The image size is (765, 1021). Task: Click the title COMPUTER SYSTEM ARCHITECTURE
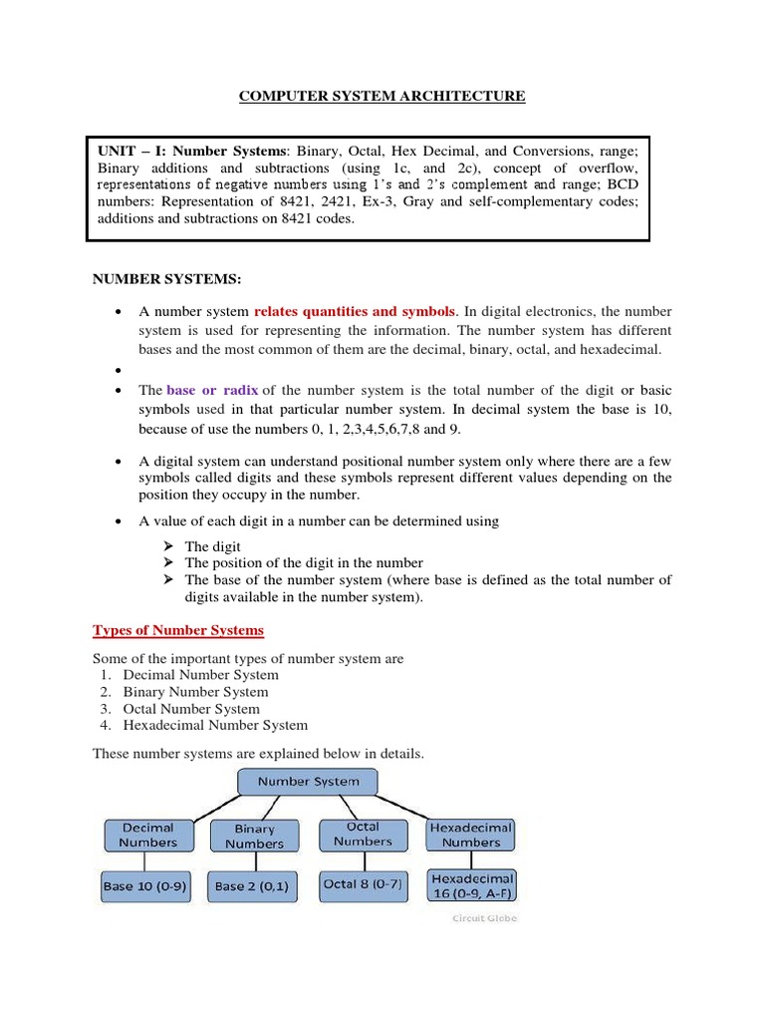(382, 96)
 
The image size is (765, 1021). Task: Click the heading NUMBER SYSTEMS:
(167, 277)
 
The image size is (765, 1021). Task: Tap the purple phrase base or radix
(209, 391)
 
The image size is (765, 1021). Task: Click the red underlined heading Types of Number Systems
(178, 630)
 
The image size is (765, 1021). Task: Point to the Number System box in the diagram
(309, 782)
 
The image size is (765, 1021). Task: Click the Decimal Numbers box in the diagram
(147, 836)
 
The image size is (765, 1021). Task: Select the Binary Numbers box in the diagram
(254, 836)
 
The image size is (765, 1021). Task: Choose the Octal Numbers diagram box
(363, 835)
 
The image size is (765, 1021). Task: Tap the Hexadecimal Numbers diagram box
(471, 835)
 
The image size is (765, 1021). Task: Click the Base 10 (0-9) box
(145, 885)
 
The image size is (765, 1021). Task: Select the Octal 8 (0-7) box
(363, 884)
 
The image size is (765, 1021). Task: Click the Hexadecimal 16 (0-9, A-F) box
(471, 885)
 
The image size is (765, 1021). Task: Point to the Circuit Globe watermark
(484, 918)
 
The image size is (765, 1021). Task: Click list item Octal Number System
(191, 709)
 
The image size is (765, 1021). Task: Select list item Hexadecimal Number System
(215, 726)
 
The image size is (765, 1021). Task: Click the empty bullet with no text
(120, 370)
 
